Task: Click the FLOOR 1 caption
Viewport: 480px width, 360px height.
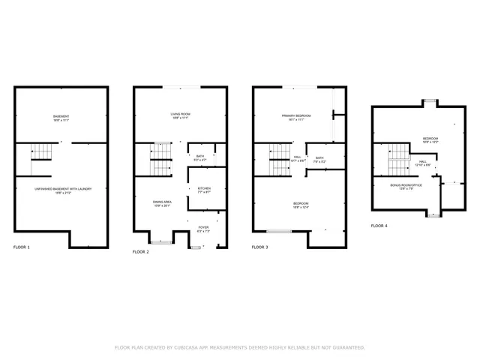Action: [x=22, y=247]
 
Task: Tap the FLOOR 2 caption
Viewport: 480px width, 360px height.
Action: [x=141, y=252]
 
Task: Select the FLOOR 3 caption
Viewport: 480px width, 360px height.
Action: [x=259, y=247]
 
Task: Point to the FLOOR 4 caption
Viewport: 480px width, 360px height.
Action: [x=379, y=226]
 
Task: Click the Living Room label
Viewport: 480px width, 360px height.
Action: [x=179, y=114]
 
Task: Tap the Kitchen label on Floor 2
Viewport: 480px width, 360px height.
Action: [x=204, y=189]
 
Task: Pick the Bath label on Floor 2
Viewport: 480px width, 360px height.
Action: [x=200, y=157]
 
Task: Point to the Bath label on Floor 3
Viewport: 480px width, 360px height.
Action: [x=319, y=158]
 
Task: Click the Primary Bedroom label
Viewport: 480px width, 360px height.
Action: [x=296, y=115]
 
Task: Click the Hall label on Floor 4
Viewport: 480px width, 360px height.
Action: [x=423, y=162]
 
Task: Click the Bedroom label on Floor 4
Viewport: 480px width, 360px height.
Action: [x=430, y=139]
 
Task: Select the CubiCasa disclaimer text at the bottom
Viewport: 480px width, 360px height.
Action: [x=239, y=347]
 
